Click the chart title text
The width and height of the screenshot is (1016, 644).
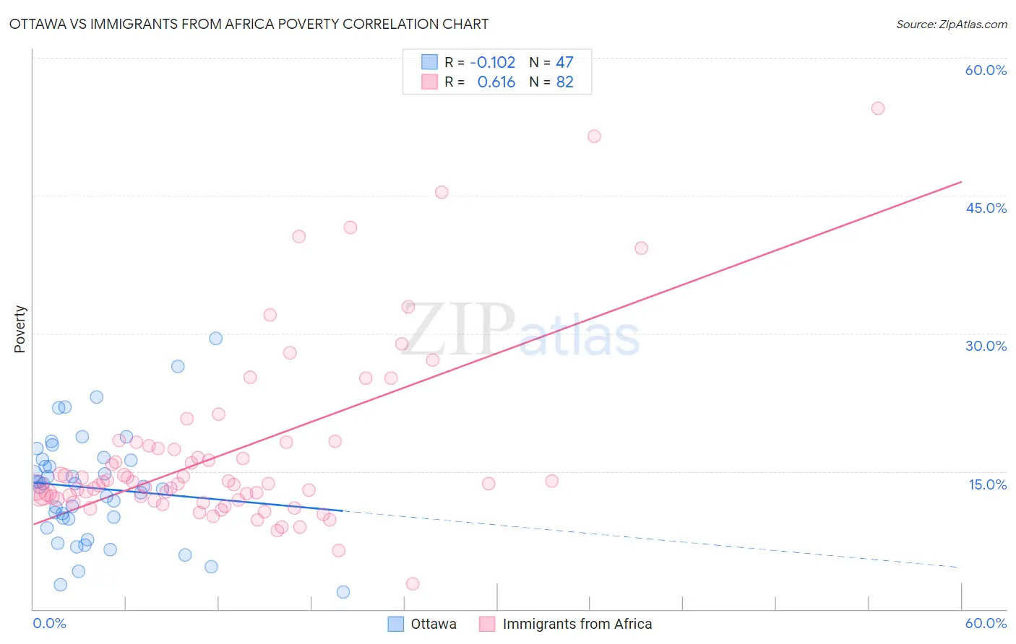point(249,24)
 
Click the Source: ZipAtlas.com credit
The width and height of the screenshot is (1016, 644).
point(951,24)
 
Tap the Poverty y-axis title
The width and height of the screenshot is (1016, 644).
point(20,329)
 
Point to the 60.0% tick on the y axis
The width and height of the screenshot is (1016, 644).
point(986,70)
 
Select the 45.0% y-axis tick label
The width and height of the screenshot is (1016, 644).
point(986,208)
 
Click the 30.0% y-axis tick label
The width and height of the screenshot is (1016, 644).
point(986,346)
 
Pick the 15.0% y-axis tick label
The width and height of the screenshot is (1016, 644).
point(987,484)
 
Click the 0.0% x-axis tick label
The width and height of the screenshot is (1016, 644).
point(49,623)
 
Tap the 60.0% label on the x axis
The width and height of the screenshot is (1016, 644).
point(986,623)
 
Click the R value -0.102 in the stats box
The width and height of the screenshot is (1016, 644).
point(492,63)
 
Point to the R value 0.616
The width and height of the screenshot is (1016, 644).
point(496,82)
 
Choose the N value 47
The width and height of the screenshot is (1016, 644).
point(564,63)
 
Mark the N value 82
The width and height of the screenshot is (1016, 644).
point(564,82)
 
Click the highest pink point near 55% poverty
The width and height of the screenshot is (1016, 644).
point(878,108)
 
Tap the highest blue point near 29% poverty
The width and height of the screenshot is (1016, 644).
point(215,339)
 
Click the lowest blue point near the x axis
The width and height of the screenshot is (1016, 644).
point(343,592)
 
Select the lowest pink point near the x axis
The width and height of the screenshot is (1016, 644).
point(413,583)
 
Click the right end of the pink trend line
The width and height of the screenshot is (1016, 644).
point(961,182)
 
